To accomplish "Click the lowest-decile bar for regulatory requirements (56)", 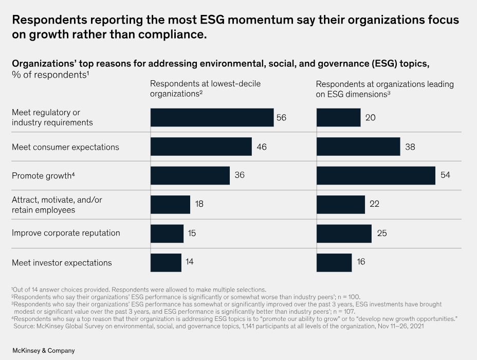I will point(212,117).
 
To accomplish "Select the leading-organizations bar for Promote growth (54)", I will point(376,175).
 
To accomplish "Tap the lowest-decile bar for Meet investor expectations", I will point(166,262).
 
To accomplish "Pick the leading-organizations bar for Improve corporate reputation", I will point(344,233).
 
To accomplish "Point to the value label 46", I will point(262,147).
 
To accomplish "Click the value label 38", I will point(410,147).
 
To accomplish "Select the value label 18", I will point(200,204).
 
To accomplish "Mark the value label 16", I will point(361,262).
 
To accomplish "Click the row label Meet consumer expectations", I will point(65,147).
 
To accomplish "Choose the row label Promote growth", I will point(42,176).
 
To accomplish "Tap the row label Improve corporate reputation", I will point(66,233).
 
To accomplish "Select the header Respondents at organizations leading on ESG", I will point(384,88).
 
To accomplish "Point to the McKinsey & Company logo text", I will point(44,350).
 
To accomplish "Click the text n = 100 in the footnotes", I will point(348,297).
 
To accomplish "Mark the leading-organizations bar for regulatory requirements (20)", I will point(338,117).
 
